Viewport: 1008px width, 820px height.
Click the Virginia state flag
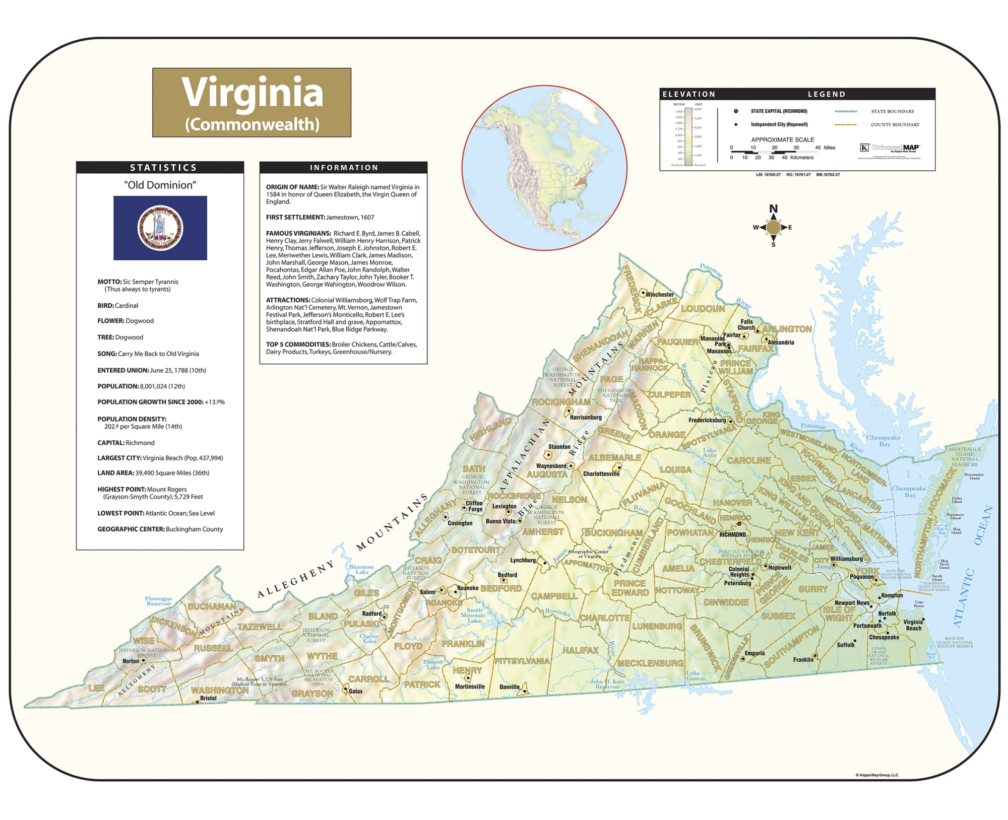tap(160, 228)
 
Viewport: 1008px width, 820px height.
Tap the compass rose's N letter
tap(773, 209)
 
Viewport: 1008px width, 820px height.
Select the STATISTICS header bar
tap(160, 168)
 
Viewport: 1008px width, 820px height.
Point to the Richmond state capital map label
tap(732, 534)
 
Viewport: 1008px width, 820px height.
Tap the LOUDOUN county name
tap(703, 309)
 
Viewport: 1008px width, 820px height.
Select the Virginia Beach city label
tap(913, 625)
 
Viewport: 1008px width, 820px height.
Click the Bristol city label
tap(208, 698)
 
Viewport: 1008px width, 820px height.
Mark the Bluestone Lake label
tap(362, 569)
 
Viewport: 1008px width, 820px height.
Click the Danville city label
tap(510, 687)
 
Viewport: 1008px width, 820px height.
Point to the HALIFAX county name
tap(580, 650)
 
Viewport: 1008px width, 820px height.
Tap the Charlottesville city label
tap(601, 474)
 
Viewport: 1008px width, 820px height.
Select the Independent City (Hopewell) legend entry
tap(779, 124)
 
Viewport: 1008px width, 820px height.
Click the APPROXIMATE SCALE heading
tap(782, 140)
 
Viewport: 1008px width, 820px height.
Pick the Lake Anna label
tap(710, 452)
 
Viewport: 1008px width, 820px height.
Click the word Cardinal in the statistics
tap(127, 306)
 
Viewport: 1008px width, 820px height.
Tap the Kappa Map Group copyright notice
tap(876, 775)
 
